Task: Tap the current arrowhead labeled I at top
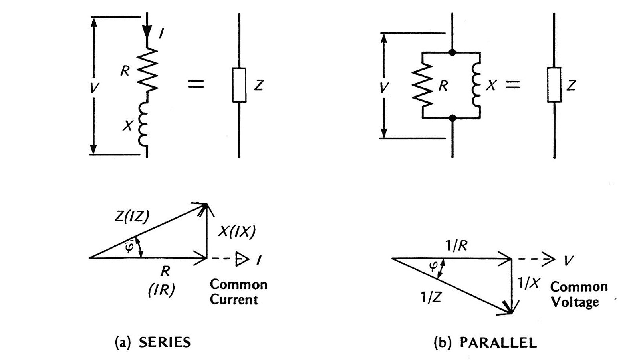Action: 147,30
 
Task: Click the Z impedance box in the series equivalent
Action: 239,85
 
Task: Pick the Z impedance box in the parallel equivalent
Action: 554,85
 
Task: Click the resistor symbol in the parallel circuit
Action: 423,85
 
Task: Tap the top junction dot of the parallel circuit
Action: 452,52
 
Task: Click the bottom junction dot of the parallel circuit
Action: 452,118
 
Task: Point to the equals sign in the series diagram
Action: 196,84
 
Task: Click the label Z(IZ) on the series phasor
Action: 132,217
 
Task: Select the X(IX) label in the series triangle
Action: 236,232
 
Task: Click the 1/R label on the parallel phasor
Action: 456,246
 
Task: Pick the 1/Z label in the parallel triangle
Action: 431,297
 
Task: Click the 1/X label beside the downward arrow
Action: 528,283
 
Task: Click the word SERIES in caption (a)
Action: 164,342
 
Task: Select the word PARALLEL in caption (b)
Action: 498,342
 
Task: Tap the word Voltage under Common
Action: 575,302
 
